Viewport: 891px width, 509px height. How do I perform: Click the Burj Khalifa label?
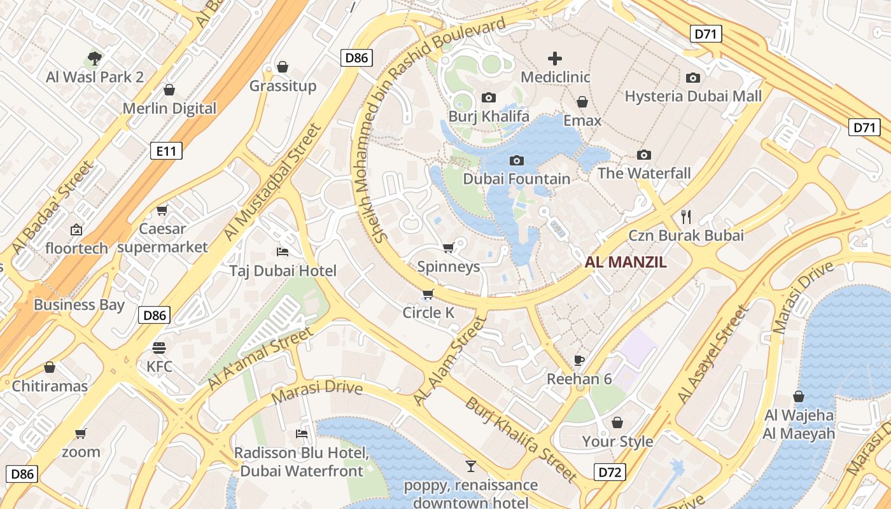[x=489, y=116]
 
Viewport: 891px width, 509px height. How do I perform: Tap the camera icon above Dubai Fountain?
[x=517, y=160]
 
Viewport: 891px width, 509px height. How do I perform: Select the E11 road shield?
[x=166, y=151]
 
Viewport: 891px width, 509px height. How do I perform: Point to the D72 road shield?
[x=610, y=472]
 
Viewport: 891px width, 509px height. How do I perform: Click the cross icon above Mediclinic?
[x=555, y=59]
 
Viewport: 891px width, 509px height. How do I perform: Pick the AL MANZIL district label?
[x=626, y=262]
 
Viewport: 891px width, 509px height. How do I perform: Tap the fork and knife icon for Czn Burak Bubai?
[x=685, y=217]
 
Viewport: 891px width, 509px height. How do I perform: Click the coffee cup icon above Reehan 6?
[x=579, y=361]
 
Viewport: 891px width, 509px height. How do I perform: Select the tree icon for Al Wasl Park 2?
[x=95, y=59]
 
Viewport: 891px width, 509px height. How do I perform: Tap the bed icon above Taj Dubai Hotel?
[x=283, y=252]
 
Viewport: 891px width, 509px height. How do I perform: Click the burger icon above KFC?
[x=159, y=348]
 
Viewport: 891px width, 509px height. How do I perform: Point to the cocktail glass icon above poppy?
[x=470, y=466]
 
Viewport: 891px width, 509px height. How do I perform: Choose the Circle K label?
[x=431, y=312]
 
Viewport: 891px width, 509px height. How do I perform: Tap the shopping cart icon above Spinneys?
[x=448, y=248]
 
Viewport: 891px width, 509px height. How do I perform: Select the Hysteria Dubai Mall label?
[x=693, y=96]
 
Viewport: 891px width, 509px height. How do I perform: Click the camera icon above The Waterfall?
[x=644, y=155]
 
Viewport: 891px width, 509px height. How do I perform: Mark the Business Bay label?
[x=79, y=305]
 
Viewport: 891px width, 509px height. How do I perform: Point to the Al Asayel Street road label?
[x=713, y=354]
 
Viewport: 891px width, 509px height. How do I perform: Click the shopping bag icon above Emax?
[x=582, y=102]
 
